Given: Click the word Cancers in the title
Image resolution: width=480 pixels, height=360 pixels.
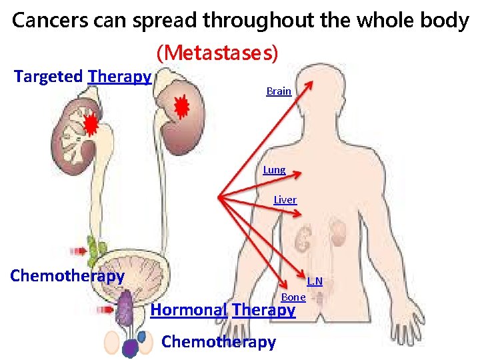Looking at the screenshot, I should pos(46,21).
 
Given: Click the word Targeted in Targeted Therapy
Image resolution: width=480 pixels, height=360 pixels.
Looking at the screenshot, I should pos(49,77).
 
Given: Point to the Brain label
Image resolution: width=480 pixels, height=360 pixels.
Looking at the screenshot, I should pos(279,91).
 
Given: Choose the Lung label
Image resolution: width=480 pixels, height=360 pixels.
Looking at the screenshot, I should pos(274,170).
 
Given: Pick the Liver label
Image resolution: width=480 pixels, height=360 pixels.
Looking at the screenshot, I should pos(285,199).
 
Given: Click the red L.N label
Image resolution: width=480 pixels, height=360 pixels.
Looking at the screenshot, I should pos(315,281).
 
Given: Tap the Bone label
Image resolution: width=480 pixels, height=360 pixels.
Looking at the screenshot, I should pos(293,297).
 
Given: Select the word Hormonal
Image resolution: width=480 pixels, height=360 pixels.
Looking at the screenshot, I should pos(189,310).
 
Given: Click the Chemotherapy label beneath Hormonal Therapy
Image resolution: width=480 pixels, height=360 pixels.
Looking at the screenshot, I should pos(219,342).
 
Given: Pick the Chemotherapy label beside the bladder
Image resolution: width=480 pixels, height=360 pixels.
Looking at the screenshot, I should pos(67,276).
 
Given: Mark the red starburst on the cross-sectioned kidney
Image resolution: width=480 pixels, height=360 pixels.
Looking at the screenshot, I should pos(91,124).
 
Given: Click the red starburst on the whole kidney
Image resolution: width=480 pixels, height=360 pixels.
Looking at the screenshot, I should pos(180,105).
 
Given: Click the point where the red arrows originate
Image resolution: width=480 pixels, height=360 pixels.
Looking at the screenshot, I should pos(220,197).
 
